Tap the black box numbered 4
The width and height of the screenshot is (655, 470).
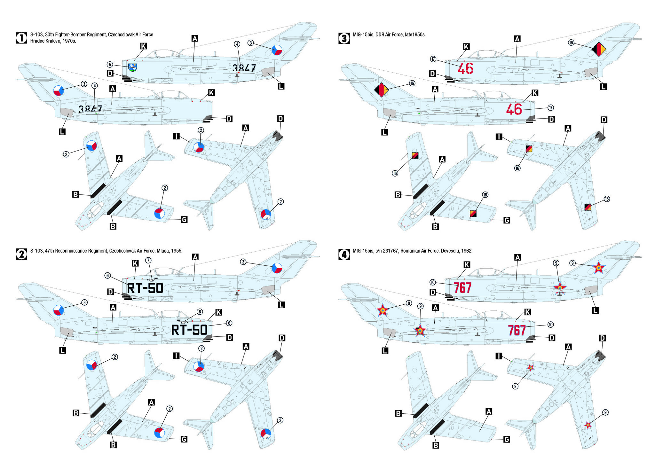pyautogui.click(x=344, y=255)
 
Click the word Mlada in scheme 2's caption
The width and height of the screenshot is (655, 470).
pyautogui.click(x=163, y=251)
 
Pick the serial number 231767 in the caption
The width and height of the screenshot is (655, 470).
pyautogui.click(x=407, y=251)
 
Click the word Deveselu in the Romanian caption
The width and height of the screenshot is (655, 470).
pyautogui.click(x=450, y=251)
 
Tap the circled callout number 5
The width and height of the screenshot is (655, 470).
pyautogui.click(x=110, y=65)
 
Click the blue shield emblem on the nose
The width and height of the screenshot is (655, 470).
pyautogui.click(x=132, y=67)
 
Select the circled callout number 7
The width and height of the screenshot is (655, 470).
pyautogui.click(x=148, y=260)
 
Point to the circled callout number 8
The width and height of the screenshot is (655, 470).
pyautogui.click(x=200, y=312)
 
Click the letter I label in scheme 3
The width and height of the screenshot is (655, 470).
pyautogui.click(x=499, y=137)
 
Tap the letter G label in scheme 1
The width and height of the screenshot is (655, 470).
pyautogui.click(x=184, y=220)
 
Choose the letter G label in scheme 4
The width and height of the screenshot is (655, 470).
pyautogui.click(x=507, y=440)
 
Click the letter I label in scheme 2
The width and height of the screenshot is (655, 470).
pyautogui.click(x=176, y=356)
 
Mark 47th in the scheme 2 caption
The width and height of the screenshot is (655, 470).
pyautogui.click(x=49, y=251)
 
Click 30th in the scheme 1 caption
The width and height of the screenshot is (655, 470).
pyautogui.click(x=49, y=35)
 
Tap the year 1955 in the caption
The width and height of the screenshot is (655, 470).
pyautogui.click(x=177, y=251)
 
